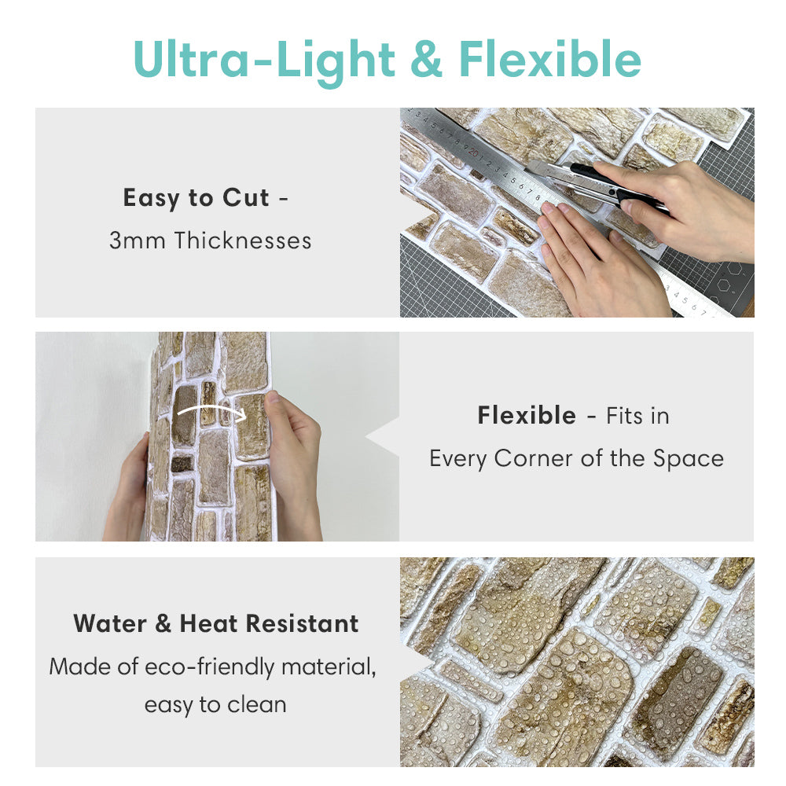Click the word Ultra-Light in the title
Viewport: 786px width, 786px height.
pyautogui.click(x=263, y=60)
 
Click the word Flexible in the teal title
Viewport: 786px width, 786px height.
pyautogui.click(x=550, y=59)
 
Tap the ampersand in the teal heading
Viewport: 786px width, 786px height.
pyautogui.click(x=426, y=60)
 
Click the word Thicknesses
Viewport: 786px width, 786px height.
pyautogui.click(x=243, y=240)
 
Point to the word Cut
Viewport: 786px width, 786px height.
pyautogui.click(x=245, y=197)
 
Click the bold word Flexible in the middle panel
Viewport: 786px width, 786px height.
pyautogui.click(x=527, y=416)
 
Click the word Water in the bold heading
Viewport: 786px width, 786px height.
pyautogui.click(x=110, y=624)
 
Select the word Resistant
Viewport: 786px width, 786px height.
pyautogui.click(x=302, y=624)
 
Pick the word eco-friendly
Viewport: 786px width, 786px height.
pyautogui.click(x=209, y=667)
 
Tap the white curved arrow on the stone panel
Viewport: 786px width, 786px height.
pyautogui.click(x=211, y=409)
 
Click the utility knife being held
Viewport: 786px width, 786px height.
pyautogui.click(x=596, y=183)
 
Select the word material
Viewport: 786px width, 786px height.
pyautogui.click(x=329, y=667)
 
